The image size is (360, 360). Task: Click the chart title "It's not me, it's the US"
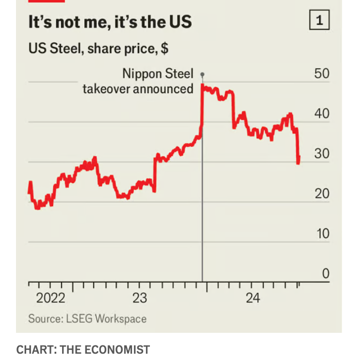click(x=110, y=22)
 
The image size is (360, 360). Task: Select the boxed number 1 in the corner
click(x=319, y=21)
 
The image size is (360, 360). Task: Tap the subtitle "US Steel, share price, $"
click(x=98, y=49)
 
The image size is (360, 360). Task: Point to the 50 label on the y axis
click(x=321, y=74)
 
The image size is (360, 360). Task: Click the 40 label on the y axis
click(x=321, y=114)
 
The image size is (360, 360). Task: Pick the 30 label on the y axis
click(x=321, y=154)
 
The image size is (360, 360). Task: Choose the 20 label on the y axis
click(x=321, y=194)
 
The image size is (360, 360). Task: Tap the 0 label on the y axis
click(x=325, y=274)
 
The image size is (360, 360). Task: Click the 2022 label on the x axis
click(x=50, y=298)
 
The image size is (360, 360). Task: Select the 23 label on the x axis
click(x=140, y=298)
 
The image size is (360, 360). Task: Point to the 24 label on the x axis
click(x=253, y=298)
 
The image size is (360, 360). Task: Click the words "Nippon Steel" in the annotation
click(x=158, y=74)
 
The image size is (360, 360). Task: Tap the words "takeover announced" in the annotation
click(x=138, y=89)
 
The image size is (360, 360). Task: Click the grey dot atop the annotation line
click(x=202, y=74)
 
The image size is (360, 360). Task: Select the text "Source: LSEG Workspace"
click(x=87, y=319)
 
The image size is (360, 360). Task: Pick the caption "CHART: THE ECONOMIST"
click(x=83, y=349)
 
